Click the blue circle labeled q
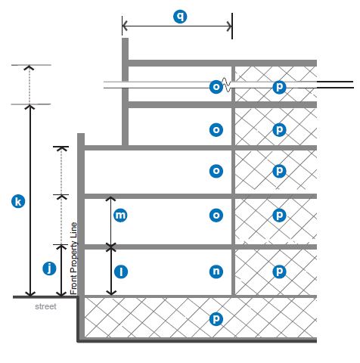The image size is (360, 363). (x=180, y=17)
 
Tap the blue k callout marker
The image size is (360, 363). (x=18, y=202)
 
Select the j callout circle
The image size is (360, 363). (x=49, y=268)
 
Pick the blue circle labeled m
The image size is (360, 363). (x=120, y=216)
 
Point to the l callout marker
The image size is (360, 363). (x=121, y=271)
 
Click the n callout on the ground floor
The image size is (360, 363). (x=216, y=271)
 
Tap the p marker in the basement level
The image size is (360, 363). (x=216, y=319)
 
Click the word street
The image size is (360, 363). (x=45, y=306)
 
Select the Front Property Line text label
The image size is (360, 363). (x=73, y=259)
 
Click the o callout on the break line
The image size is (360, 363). (x=216, y=87)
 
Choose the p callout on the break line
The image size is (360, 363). (x=279, y=87)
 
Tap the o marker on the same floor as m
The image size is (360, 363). (x=216, y=216)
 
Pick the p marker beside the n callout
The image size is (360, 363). (x=279, y=271)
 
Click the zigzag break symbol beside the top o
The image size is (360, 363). (x=226, y=85)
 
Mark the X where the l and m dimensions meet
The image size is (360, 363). (x=111, y=247)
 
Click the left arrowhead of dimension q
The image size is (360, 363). (x=125, y=26)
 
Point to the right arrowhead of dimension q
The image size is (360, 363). (x=229, y=26)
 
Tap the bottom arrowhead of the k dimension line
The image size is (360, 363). (x=30, y=294)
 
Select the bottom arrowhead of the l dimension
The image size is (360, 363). (x=111, y=293)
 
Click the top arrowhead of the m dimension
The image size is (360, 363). (x=110, y=199)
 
